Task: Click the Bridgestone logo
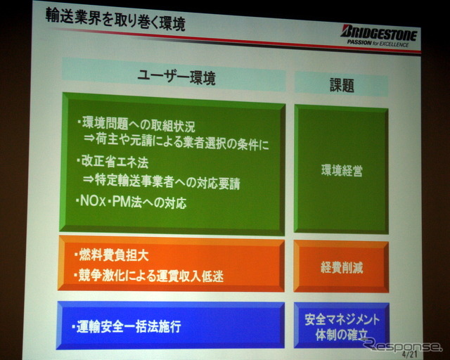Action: (379, 33)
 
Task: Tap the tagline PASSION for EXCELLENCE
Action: (378, 44)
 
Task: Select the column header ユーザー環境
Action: (176, 77)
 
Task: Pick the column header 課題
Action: (342, 85)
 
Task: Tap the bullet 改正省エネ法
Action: (112, 162)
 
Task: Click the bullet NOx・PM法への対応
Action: (131, 202)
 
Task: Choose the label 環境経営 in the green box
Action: (342, 171)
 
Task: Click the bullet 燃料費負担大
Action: (111, 255)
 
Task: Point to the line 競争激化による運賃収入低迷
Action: (148, 276)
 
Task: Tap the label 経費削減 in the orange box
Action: (342, 268)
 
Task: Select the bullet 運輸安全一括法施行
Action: (127, 326)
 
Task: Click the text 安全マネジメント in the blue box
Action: (342, 319)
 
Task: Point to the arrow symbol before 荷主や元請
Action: (89, 138)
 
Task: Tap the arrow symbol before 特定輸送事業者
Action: (89, 179)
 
